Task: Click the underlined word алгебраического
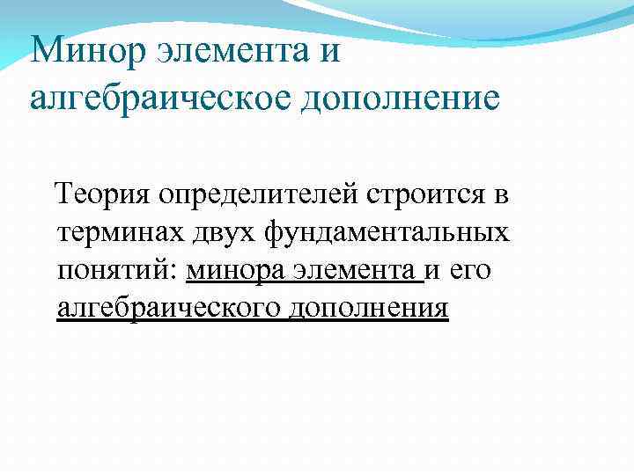tap(167, 309)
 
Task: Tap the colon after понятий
tap(182, 272)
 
